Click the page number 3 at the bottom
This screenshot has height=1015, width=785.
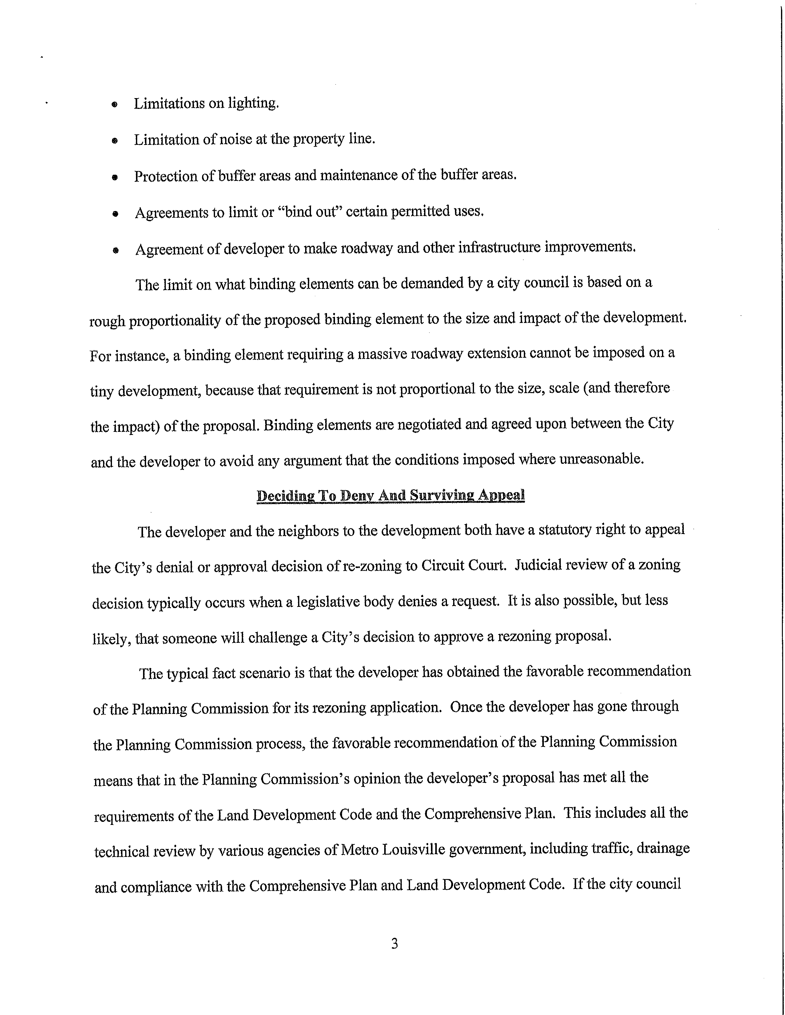(x=394, y=943)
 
